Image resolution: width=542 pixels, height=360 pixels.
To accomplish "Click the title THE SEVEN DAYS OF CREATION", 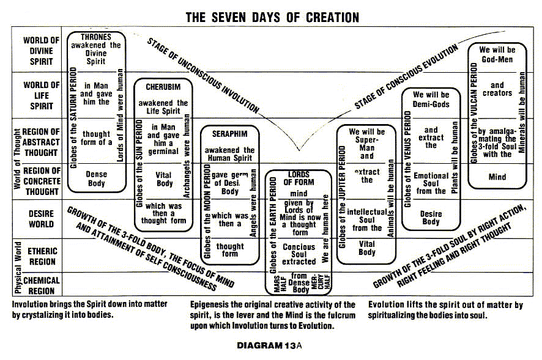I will coord(272,17).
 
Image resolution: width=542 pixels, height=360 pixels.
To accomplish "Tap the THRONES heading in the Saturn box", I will coord(95,37).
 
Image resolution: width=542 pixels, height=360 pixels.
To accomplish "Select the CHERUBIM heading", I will coord(162,87).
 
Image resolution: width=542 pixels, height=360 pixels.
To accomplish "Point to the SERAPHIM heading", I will coord(229,133).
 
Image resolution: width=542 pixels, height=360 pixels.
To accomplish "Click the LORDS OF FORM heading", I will coord(299,178).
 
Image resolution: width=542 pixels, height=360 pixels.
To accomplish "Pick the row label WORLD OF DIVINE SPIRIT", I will coord(42,51).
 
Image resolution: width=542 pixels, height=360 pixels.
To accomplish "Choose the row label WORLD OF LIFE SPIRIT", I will coord(42,95).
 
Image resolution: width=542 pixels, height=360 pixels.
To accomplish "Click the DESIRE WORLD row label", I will coord(42,219).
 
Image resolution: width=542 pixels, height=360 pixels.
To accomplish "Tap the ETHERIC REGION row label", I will coord(42,256).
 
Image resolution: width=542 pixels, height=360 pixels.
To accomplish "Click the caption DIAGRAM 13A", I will coord(270,345).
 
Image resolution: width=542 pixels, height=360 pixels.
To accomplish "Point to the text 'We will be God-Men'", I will coord(497,55).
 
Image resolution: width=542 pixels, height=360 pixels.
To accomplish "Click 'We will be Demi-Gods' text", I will coord(431,100).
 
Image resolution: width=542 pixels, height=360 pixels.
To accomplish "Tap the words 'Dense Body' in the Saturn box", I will coord(95,178).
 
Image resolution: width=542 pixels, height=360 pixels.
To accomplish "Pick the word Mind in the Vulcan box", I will coord(497,177).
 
